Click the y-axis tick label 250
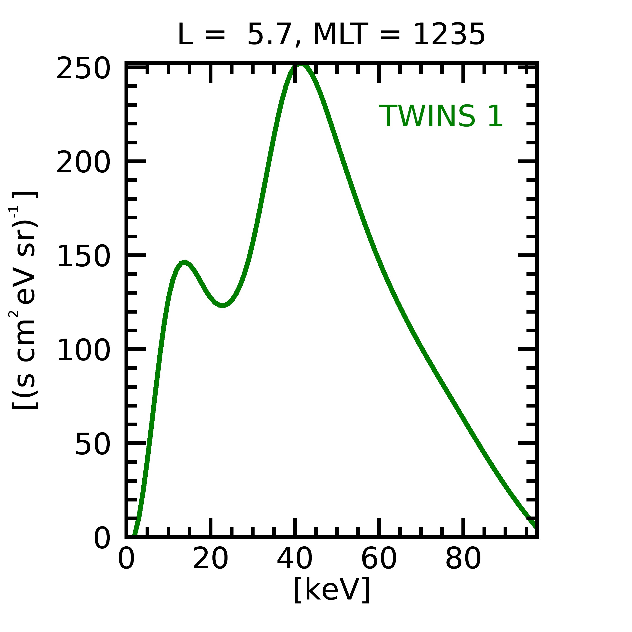pyautogui.click(x=83, y=69)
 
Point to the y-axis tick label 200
pyautogui.click(x=83, y=163)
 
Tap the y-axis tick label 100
pyautogui.click(x=83, y=351)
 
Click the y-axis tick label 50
pyautogui.click(x=92, y=445)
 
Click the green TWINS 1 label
pyautogui.click(x=441, y=116)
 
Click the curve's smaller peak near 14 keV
pyautogui.click(x=185, y=262)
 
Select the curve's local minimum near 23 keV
pyautogui.click(x=223, y=305)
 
